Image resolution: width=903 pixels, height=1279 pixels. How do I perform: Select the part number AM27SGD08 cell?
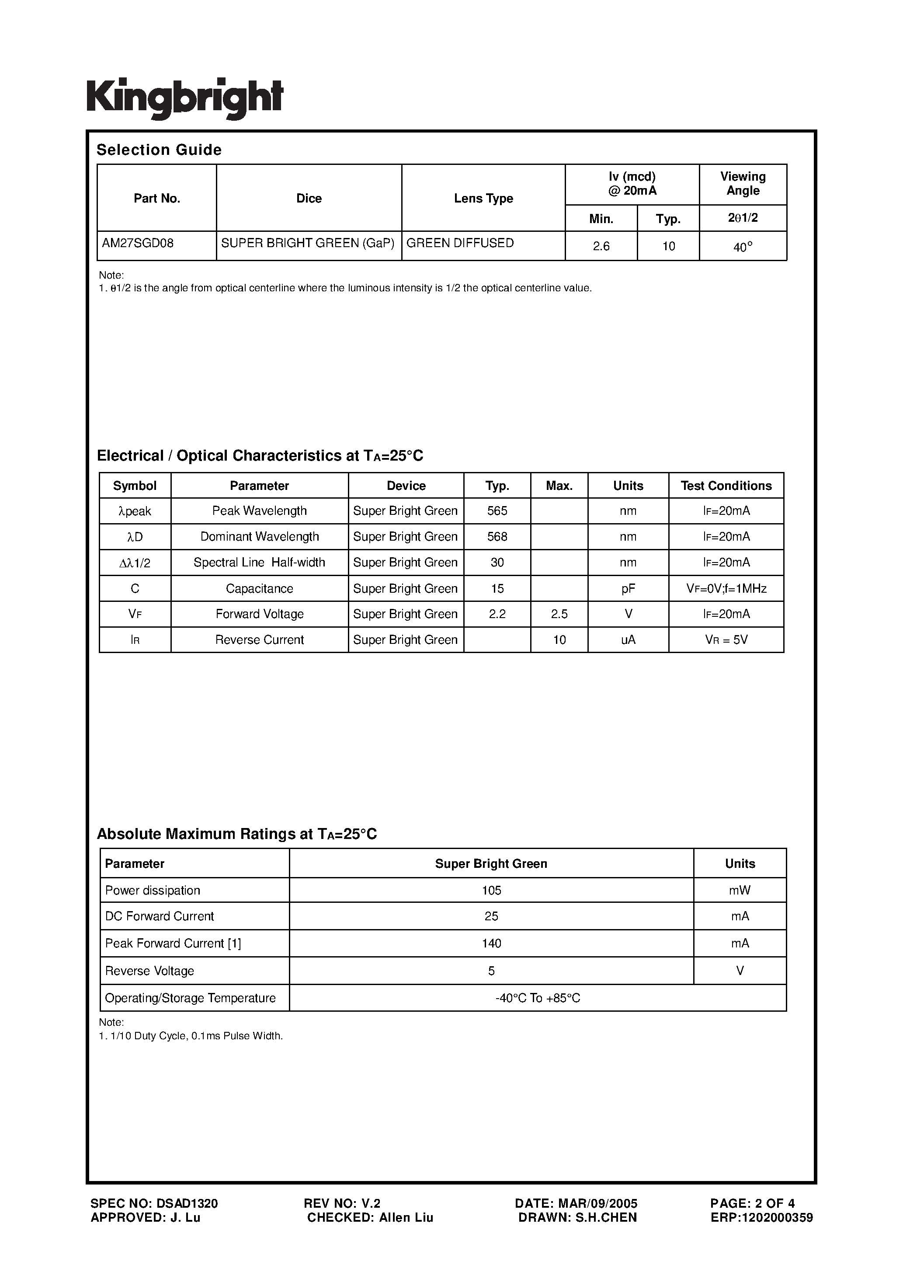[x=138, y=244]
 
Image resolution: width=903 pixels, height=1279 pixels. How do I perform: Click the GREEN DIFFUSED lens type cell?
[x=460, y=244]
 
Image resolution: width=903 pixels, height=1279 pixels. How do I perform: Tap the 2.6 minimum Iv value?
[x=601, y=246]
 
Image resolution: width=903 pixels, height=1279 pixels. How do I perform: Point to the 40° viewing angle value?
[x=743, y=247]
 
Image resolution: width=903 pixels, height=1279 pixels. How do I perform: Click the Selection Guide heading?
[x=159, y=150]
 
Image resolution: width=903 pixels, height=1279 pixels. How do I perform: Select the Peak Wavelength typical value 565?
[x=497, y=511]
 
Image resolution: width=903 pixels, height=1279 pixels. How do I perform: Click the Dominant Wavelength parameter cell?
[x=260, y=536]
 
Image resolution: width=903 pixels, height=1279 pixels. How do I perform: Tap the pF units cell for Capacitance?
[x=628, y=588]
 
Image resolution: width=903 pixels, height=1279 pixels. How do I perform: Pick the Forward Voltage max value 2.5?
[x=559, y=614]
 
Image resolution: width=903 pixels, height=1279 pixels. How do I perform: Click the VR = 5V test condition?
[x=726, y=640]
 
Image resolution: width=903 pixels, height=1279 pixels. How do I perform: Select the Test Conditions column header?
[x=726, y=486]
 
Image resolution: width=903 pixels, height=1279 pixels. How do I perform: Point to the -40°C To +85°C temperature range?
[x=537, y=998]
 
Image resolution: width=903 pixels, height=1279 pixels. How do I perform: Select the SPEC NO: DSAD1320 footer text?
[x=154, y=1203]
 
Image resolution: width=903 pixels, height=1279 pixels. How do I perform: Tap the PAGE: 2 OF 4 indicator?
[x=752, y=1203]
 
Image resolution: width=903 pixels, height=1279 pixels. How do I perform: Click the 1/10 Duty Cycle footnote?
[x=191, y=1036]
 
